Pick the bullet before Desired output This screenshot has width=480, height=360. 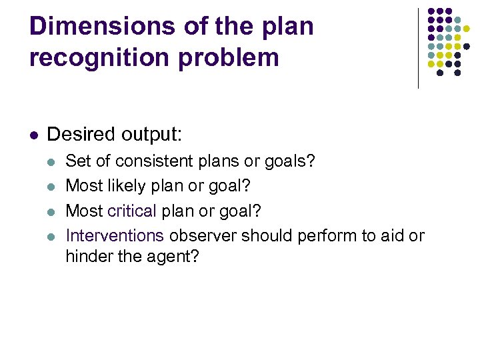33,135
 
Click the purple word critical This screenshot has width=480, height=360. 131,211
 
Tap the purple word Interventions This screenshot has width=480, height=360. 115,236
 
